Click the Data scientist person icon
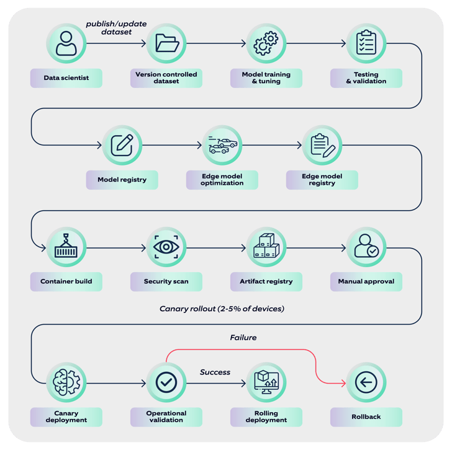66,43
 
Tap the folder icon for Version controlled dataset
167,43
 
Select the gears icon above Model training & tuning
266,43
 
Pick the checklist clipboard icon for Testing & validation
366,43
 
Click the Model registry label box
122,180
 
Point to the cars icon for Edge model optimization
222,144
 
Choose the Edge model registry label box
322,180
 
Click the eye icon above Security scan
166,247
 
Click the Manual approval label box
366,281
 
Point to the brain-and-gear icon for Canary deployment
66,382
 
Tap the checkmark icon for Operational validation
166,382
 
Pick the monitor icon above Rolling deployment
266,382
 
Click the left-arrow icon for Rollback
366,382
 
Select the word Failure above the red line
243,337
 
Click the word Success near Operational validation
215,372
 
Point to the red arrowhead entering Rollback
343,383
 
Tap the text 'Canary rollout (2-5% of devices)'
222,309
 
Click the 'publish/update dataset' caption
116,28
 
